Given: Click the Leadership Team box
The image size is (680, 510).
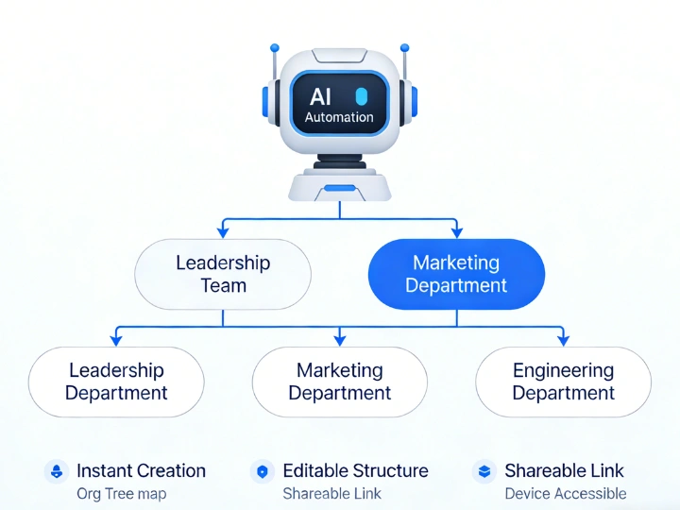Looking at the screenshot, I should pyautogui.click(x=223, y=274).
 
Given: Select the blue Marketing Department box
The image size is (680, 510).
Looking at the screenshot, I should pyautogui.click(x=456, y=274).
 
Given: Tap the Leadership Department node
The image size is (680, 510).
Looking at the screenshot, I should pyautogui.click(x=116, y=382).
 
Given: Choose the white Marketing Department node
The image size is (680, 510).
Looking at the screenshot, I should pyautogui.click(x=340, y=382).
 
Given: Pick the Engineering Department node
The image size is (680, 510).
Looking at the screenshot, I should pyautogui.click(x=563, y=382).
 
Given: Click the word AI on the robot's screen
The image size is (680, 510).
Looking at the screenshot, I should pyautogui.click(x=321, y=96).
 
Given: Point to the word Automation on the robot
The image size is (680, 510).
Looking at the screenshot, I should pyautogui.click(x=339, y=118).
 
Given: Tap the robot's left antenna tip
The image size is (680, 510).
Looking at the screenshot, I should pyautogui.click(x=275, y=46).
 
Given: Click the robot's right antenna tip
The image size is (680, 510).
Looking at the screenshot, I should pyautogui.click(x=405, y=46).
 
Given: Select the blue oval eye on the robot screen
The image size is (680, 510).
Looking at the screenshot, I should pyautogui.click(x=360, y=96).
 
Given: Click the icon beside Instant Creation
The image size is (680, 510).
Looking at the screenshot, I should pyautogui.click(x=57, y=471).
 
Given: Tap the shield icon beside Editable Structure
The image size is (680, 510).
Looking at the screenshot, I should pyautogui.click(x=263, y=471).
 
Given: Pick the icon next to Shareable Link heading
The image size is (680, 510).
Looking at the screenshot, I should pyautogui.click(x=484, y=471).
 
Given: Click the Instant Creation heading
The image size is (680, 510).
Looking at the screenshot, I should pyautogui.click(x=141, y=470).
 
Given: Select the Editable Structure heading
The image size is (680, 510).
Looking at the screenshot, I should pyautogui.click(x=355, y=470).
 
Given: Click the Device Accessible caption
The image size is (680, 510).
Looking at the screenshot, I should pyautogui.click(x=565, y=493).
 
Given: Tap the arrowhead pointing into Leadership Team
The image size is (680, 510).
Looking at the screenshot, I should pyautogui.click(x=223, y=231).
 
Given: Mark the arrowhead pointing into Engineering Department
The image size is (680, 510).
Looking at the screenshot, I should pyautogui.click(x=563, y=339).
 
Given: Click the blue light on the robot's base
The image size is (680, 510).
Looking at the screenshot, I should pyautogui.click(x=339, y=188).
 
